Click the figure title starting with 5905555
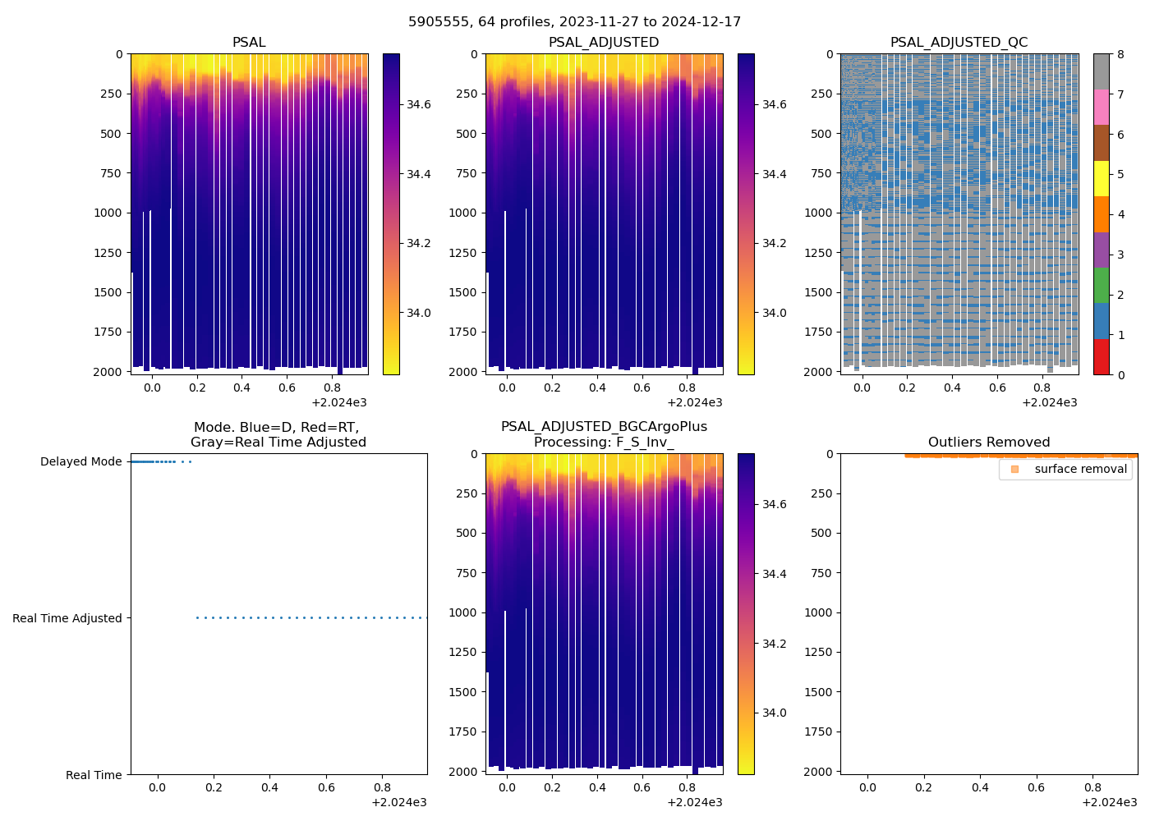point(574,22)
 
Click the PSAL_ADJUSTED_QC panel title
point(959,43)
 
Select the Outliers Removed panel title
point(988,443)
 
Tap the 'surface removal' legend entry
point(1080,469)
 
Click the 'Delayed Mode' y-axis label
point(80,462)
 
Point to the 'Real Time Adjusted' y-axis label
point(67,618)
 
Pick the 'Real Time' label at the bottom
point(94,775)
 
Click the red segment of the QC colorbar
point(1101,357)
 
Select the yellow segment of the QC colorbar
point(1101,178)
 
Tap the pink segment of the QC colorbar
point(1101,108)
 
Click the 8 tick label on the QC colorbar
point(1120,55)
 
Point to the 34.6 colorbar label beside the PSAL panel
point(419,105)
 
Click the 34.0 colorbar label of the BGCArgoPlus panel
point(774,713)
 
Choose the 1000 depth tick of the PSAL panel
point(111,213)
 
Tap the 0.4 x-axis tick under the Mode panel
point(269,788)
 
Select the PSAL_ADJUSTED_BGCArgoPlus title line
point(604,427)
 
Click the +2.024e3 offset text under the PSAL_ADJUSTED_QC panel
point(1049,403)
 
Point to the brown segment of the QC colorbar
point(1101,143)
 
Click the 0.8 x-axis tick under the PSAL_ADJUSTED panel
point(688,388)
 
